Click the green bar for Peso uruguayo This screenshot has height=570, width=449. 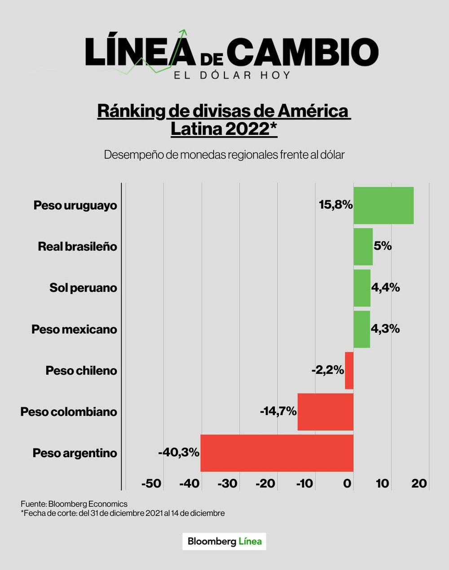pyautogui.click(x=383, y=205)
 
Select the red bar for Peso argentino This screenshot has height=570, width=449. pyautogui.click(x=277, y=453)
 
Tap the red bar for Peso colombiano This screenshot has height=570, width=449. pyautogui.click(x=325, y=412)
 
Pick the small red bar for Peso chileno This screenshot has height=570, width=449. pyautogui.click(x=349, y=370)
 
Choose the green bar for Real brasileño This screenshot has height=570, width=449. pyautogui.click(x=363, y=247)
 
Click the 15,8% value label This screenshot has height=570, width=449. pyautogui.click(x=335, y=205)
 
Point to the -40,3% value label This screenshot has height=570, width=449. pyautogui.click(x=179, y=453)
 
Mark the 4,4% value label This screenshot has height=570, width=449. pyautogui.click(x=385, y=288)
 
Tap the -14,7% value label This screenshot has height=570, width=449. pyautogui.click(x=278, y=411)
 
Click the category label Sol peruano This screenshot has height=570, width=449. pyautogui.click(x=83, y=288)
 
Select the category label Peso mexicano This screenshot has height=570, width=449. pyautogui.click(x=74, y=330)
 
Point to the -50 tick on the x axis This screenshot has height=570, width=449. pyautogui.click(x=151, y=484)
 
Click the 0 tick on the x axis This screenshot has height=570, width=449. pyautogui.click(x=348, y=484)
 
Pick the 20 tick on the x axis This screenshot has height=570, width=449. pyautogui.click(x=419, y=484)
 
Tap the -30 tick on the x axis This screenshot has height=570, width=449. pyautogui.click(x=227, y=484)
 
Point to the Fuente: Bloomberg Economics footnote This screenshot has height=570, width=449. pyautogui.click(x=74, y=504)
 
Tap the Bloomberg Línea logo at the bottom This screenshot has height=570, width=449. pyautogui.click(x=224, y=541)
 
